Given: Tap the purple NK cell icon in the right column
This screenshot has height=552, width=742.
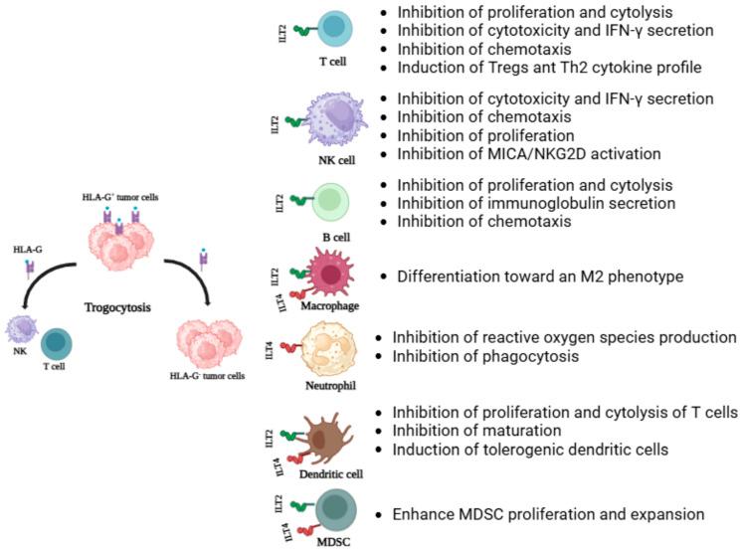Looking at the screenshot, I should (x=335, y=122).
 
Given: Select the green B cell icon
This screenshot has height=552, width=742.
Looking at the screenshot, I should (x=331, y=202).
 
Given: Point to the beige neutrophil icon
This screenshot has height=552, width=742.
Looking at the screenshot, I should (x=334, y=348).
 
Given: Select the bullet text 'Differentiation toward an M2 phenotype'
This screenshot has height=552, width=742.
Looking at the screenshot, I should (x=540, y=276).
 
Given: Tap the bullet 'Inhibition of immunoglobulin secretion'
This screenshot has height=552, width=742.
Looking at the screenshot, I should (x=536, y=203).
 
